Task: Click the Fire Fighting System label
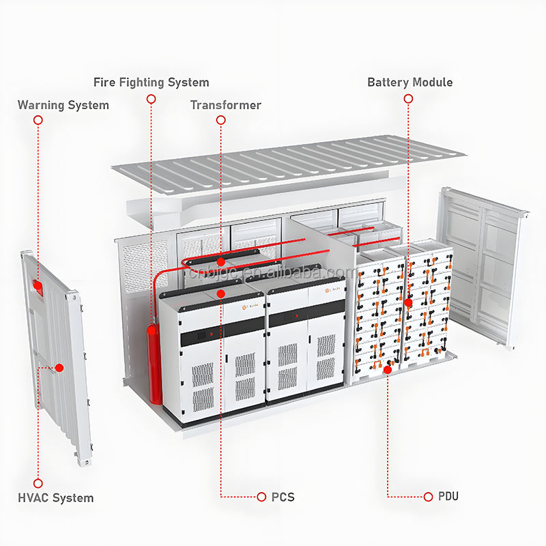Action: [151, 83]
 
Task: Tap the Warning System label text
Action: [63, 105]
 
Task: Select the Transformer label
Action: [225, 105]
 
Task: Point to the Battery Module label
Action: [409, 83]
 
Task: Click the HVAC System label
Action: [56, 498]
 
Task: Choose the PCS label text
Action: [283, 497]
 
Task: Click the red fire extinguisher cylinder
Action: [156, 365]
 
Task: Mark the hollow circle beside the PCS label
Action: [261, 496]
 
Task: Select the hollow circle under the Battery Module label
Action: [408, 99]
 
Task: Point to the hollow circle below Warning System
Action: [38, 120]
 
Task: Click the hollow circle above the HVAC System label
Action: [38, 483]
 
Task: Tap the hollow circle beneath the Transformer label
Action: [220, 120]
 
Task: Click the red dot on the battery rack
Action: [408, 302]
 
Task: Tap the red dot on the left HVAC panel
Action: [59, 368]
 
